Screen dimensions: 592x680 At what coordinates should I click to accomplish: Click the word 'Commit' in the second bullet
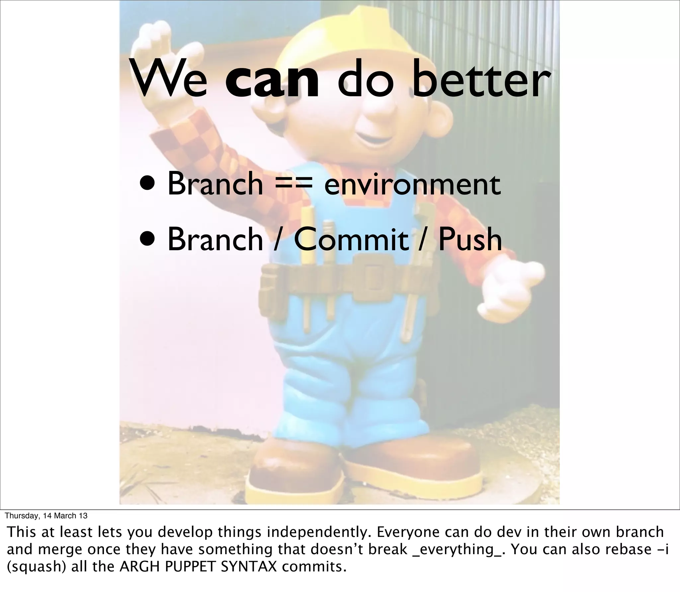351,239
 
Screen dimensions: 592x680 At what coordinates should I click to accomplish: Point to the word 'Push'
470,239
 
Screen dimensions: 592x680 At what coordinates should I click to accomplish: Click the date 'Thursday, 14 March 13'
46,515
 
